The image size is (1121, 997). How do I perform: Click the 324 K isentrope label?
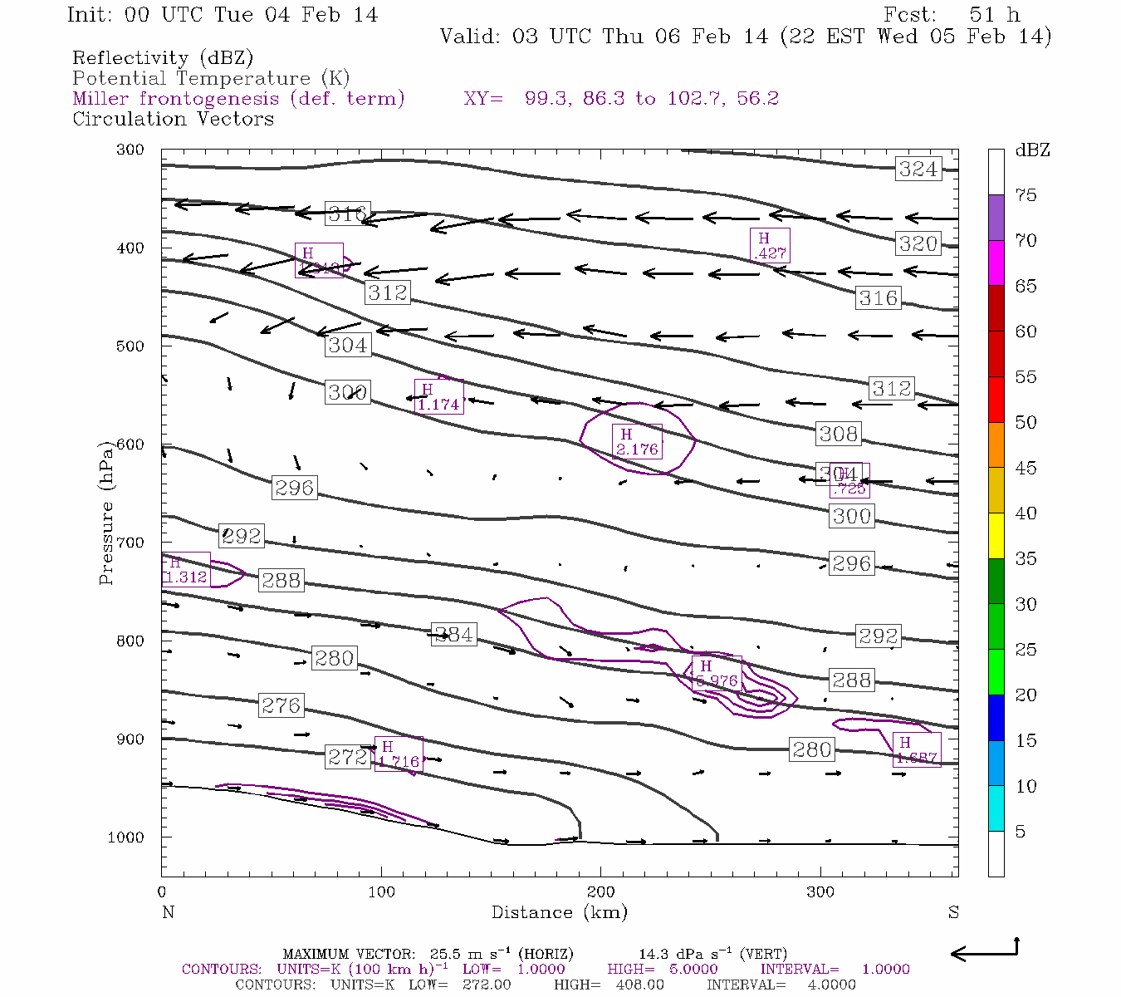[918, 169]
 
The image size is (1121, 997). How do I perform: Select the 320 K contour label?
[918, 243]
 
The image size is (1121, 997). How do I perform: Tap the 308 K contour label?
[838, 434]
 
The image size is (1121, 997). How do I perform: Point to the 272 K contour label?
[347, 757]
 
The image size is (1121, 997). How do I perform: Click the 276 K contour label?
[281, 705]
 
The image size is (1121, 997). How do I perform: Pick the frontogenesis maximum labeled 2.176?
[637, 442]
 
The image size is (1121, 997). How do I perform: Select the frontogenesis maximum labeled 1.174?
[438, 397]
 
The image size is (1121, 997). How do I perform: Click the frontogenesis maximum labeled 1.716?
[399, 754]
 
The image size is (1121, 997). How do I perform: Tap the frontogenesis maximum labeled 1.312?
[186, 570]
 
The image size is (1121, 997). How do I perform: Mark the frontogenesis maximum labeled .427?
[769, 246]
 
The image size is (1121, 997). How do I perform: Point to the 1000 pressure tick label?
[125, 837]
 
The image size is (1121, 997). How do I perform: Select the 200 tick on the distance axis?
[601, 892]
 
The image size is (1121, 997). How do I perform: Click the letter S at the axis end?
[953, 912]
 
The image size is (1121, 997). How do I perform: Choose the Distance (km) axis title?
[559, 912]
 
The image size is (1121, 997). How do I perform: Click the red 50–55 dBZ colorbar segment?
[996, 400]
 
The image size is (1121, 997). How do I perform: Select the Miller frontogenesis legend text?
[238, 98]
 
